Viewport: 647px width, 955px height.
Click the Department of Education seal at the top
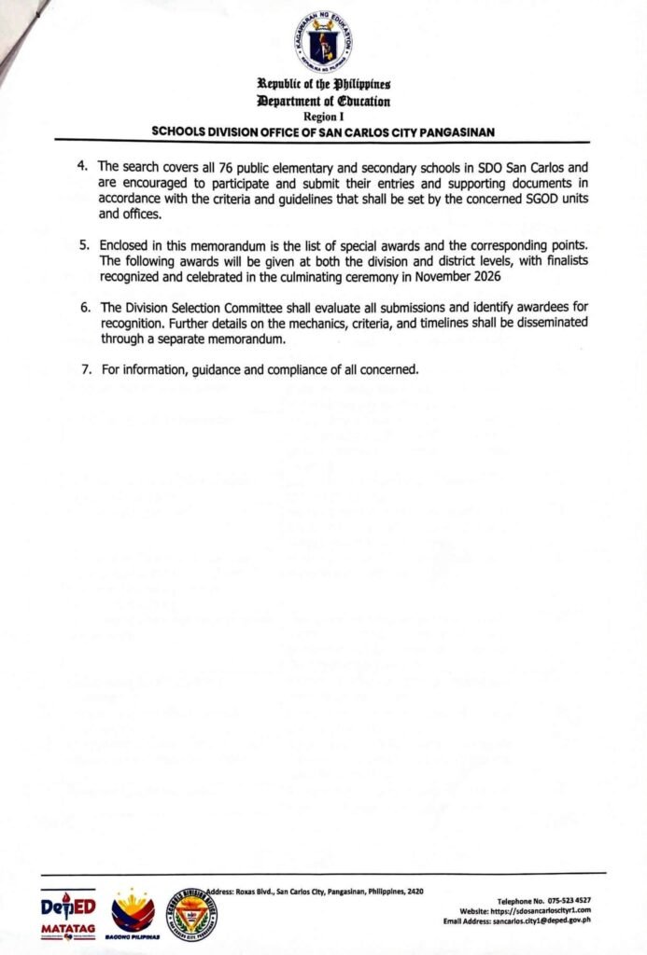tap(323, 40)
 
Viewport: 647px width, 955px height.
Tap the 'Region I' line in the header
tap(324, 116)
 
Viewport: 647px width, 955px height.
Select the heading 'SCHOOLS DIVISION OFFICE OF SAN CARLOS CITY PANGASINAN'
tap(323, 131)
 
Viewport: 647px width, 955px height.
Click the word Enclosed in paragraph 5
tap(124, 244)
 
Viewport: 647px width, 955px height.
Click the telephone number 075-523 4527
tap(567, 901)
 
